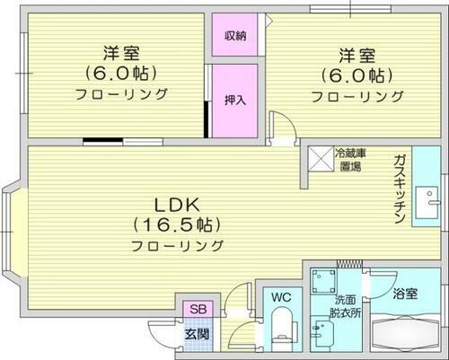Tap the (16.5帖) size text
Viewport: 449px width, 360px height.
(176, 224)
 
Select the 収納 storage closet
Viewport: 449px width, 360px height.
(234, 36)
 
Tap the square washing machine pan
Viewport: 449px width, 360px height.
(323, 282)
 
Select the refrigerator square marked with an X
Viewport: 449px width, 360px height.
(320, 159)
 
